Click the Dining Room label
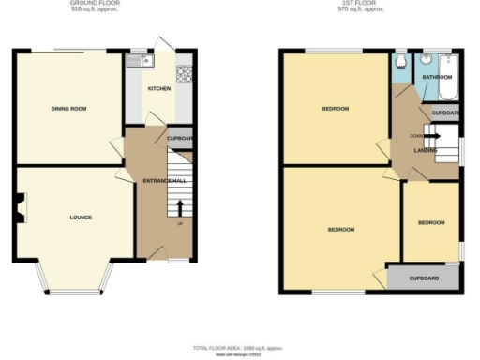[x=68, y=109]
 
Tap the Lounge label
[x=81, y=217]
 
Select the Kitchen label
[x=158, y=90]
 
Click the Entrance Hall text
[x=164, y=179]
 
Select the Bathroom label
[x=437, y=77]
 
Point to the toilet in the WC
[x=400, y=63]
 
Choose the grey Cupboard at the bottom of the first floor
[x=424, y=278]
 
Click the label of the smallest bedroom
[x=431, y=222]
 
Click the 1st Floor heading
[x=363, y=4]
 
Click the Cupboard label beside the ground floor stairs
[x=181, y=139]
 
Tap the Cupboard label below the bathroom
[x=445, y=113]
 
